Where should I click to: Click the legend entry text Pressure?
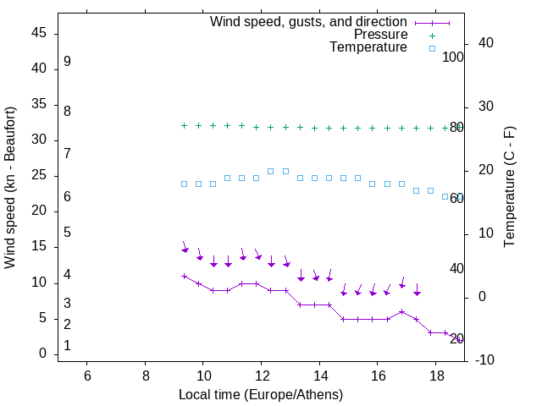coord(380,35)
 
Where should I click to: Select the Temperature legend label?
coord(368,47)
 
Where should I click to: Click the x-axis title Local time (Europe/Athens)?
coord(261,395)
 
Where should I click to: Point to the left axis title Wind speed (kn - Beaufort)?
coord(10,188)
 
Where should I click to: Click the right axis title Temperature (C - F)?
coord(509,187)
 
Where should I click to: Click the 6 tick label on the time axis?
coord(87,375)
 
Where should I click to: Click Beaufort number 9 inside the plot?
coord(67,62)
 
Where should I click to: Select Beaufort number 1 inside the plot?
coord(67,346)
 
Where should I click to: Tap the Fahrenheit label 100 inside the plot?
coord(453,57)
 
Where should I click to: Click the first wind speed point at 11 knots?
coord(184,276)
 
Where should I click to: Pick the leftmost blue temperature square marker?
coord(184,184)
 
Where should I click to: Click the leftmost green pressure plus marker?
coord(184,125)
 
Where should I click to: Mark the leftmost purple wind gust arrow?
coord(185,249)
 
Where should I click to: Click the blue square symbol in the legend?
coord(431,48)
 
